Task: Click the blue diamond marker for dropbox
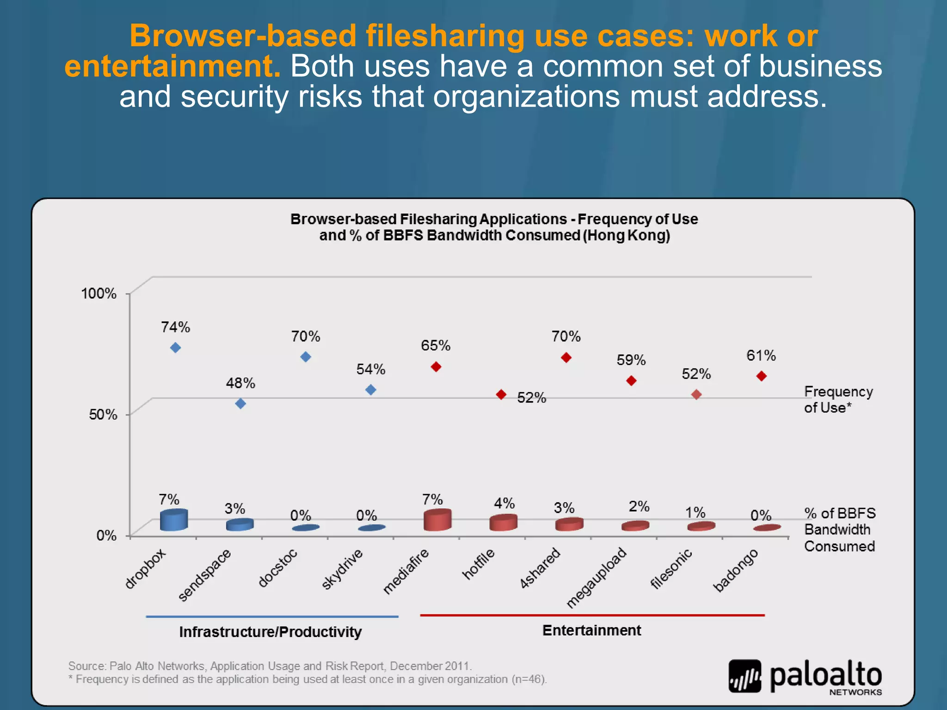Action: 175,348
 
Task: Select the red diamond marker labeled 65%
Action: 436,367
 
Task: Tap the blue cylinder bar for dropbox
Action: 174,520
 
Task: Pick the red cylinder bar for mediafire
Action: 437,520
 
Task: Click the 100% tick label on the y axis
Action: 98,293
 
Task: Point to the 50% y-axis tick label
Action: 103,414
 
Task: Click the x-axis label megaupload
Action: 596,578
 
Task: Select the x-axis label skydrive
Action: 342,569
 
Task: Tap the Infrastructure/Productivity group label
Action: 271,632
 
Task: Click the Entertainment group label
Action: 591,630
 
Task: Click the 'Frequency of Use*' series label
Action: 838,399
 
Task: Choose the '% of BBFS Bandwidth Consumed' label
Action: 839,530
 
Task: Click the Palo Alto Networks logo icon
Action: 744,676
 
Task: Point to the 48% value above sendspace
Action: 240,383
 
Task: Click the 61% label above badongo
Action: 761,355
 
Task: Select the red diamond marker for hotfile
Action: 501,394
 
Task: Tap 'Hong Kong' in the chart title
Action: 626,235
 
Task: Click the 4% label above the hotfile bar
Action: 504,503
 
